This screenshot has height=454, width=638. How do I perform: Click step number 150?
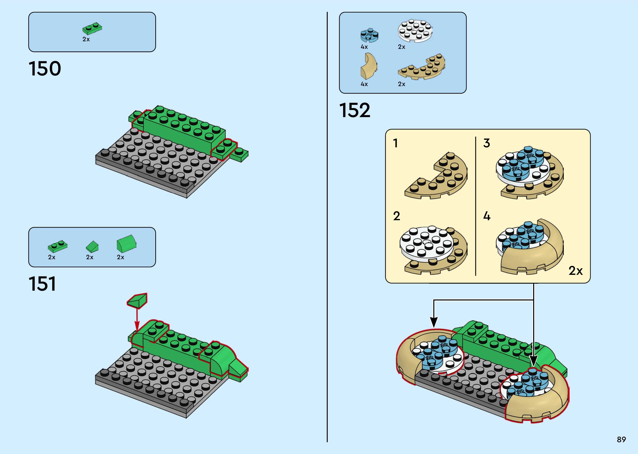tap(45, 69)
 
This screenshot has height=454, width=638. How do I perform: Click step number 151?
tap(42, 284)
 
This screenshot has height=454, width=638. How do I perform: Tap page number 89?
tap(621, 439)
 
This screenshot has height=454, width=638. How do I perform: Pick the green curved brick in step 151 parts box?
tap(126, 243)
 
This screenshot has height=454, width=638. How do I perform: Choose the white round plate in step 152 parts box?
tap(415, 31)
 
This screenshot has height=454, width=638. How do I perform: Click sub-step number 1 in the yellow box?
tap(396, 143)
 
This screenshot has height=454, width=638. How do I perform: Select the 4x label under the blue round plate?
tap(364, 47)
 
